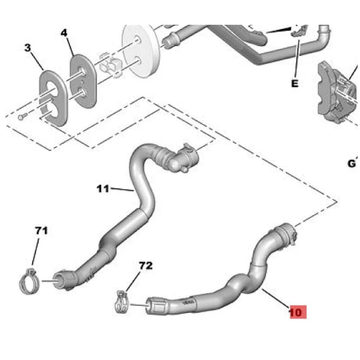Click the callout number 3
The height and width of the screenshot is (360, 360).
pos(27,48)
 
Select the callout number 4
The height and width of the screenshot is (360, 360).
pos(64,33)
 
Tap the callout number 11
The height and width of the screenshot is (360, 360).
pos(103,189)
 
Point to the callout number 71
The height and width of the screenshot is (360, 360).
pos(41,230)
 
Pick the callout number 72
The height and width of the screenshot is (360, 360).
pos(146,265)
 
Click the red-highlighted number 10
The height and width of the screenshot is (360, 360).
pos(298,312)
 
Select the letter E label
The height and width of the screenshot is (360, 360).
pos(295,83)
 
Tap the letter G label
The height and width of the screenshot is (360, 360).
pos(352,163)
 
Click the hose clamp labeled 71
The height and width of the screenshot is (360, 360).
pos(29,283)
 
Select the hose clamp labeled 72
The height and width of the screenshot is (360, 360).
pos(121,302)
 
